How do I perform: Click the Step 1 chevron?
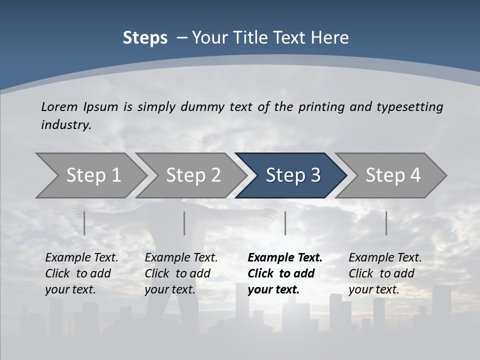[92, 175]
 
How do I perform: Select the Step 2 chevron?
[192, 175]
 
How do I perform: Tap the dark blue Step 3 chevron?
[292, 175]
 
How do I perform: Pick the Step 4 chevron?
[392, 175]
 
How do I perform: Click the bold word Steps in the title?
[145, 38]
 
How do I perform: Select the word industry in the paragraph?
[65, 124]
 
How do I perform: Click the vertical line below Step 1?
[84, 223]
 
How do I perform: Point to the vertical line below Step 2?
[184, 223]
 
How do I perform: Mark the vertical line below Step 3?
[285, 223]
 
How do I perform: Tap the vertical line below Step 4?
[386, 223]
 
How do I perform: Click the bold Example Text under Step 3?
[285, 258]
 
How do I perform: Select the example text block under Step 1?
[81, 273]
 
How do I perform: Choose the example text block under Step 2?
[181, 273]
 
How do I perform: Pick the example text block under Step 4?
[385, 273]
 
